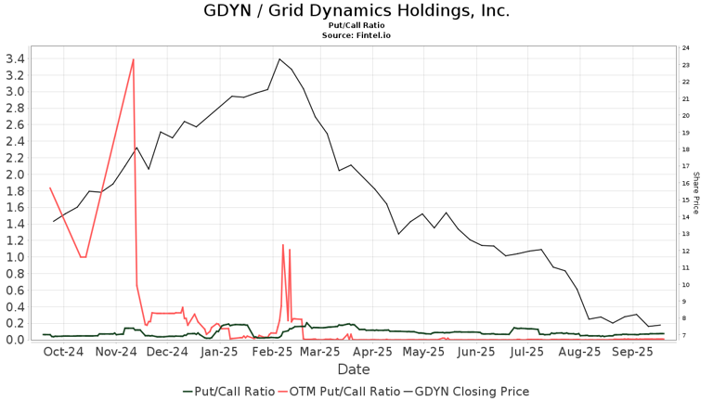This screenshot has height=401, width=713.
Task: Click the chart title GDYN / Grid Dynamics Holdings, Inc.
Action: click(356, 11)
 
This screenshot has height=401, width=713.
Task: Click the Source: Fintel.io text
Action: click(356, 35)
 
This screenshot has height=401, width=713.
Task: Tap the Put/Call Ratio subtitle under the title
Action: click(356, 26)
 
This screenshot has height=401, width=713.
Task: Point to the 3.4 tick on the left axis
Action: click(15, 58)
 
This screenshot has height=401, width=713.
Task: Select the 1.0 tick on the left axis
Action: click(15, 257)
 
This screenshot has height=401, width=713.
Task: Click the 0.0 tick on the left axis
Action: click(15, 340)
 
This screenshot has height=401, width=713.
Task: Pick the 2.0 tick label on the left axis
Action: click(15, 175)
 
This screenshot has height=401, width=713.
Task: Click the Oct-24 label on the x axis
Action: click(63, 353)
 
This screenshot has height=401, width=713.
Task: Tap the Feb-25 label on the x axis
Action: click(273, 353)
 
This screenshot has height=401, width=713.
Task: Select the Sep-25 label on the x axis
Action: click(637, 353)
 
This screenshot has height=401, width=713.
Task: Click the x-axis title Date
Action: click(354, 369)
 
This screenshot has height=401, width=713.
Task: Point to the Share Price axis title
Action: click(696, 193)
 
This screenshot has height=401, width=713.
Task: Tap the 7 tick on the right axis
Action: click(685, 335)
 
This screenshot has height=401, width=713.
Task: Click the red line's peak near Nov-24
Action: click(134, 59)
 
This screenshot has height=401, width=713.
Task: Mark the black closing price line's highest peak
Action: click(279, 59)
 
